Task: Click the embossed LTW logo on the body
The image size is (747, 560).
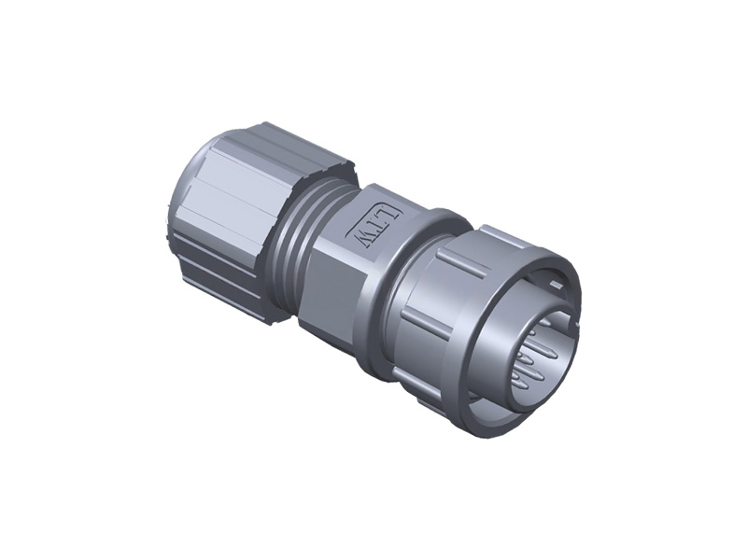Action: point(377,226)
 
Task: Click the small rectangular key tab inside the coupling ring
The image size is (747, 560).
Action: point(556,285)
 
